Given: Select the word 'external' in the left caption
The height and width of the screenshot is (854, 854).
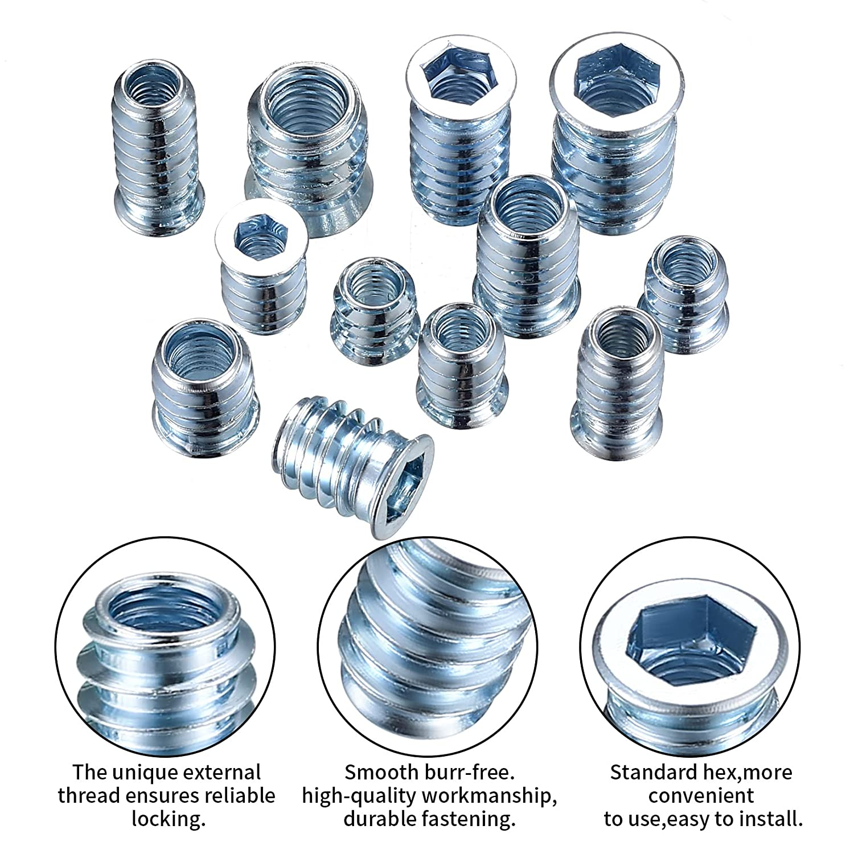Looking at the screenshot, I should click(224, 773).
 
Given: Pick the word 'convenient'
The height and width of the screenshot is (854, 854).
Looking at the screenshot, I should click(701, 796).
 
